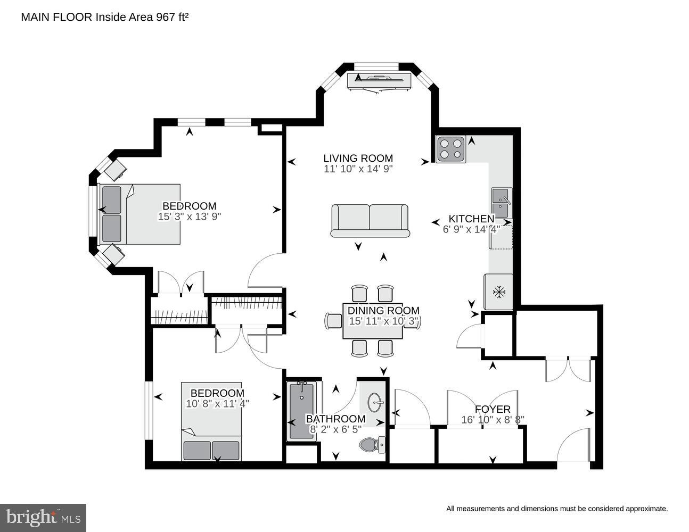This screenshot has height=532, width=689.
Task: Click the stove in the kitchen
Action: pyautogui.click(x=450, y=149)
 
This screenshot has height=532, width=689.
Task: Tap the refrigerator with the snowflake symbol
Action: pyautogui.click(x=498, y=292)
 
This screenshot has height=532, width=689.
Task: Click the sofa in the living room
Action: pyautogui.click(x=370, y=220)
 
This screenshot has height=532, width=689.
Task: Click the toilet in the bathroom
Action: pyautogui.click(x=372, y=444)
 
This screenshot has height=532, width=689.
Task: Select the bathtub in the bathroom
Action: pyautogui.click(x=302, y=411)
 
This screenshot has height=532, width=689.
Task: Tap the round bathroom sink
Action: pyautogui.click(x=375, y=400)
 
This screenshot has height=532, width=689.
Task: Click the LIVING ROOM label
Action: pyautogui.click(x=358, y=158)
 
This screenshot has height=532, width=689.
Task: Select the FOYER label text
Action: pyautogui.click(x=493, y=409)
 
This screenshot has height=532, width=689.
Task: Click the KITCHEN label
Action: pyautogui.click(x=471, y=219)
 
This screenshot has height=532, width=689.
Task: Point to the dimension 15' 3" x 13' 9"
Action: pyautogui.click(x=189, y=217)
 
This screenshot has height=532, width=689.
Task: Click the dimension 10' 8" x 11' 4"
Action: pyautogui.click(x=217, y=404)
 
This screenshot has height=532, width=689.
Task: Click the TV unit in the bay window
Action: pyautogui.click(x=380, y=81)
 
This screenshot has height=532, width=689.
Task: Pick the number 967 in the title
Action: pyautogui.click(x=164, y=17)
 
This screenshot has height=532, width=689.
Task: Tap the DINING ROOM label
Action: pyautogui.click(x=383, y=311)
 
